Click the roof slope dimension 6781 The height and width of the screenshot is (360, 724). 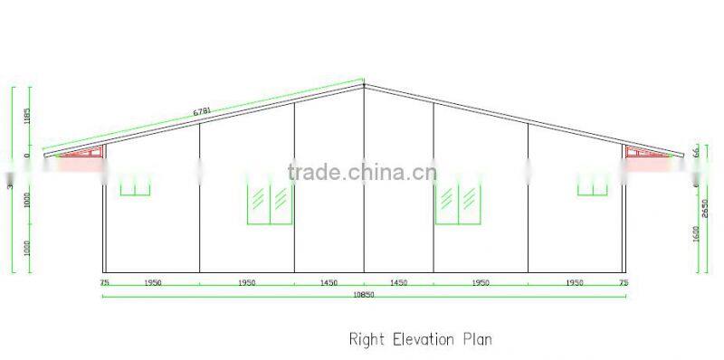pyautogui.click(x=203, y=111)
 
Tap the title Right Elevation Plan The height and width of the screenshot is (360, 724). pyautogui.click(x=420, y=340)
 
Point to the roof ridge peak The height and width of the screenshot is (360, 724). pyautogui.click(x=364, y=85)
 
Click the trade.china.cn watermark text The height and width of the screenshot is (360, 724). pyautogui.click(x=362, y=171)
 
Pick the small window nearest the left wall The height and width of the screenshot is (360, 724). pyautogui.click(x=136, y=185)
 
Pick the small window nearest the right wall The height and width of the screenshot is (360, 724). pyautogui.click(x=593, y=185)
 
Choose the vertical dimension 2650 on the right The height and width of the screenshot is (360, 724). pyautogui.click(x=705, y=208)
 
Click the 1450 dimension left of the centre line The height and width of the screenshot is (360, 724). pyautogui.click(x=329, y=283)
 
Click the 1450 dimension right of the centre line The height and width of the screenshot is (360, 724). pyautogui.click(x=398, y=283)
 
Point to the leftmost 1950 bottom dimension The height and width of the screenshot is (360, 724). pyautogui.click(x=152, y=283)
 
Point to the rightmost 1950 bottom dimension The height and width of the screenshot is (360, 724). pyautogui.click(x=575, y=283)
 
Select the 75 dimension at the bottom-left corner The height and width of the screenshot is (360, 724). pyautogui.click(x=105, y=283)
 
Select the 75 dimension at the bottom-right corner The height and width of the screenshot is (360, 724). pyautogui.click(x=623, y=283)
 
